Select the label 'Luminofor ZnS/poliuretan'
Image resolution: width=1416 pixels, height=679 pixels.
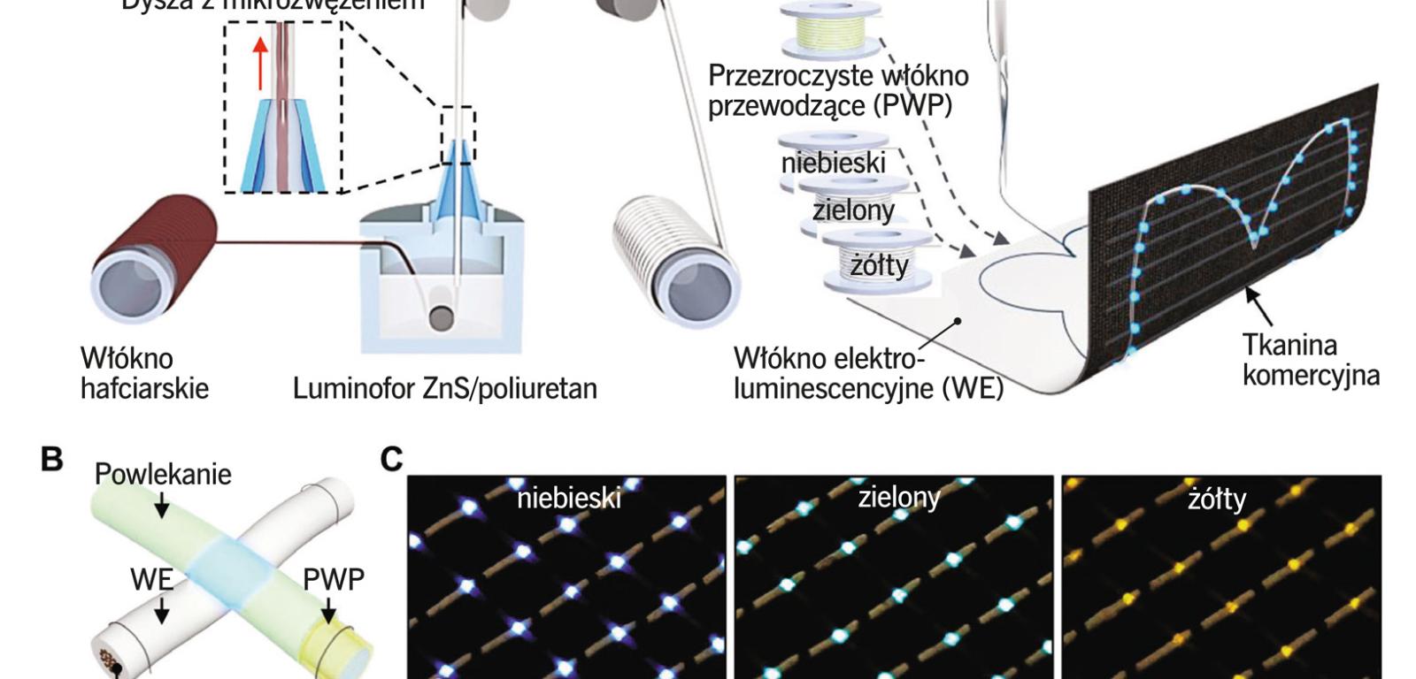(444, 388)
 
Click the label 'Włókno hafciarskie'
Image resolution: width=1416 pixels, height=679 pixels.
(144, 373)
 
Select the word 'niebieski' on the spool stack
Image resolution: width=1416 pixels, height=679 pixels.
(833, 163)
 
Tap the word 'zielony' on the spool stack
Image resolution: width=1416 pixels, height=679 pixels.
(853, 210)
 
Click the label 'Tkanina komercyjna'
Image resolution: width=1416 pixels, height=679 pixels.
(1310, 359)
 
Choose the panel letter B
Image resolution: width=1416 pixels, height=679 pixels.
(52, 460)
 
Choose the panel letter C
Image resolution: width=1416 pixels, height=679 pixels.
(391, 460)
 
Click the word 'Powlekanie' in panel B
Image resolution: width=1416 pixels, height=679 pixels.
(163, 475)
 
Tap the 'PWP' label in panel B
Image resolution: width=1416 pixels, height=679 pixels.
(333, 580)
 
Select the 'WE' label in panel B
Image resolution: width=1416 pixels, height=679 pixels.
(150, 580)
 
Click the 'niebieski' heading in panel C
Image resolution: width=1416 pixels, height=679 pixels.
(569, 499)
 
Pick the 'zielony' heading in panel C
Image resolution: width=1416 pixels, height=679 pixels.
(898, 498)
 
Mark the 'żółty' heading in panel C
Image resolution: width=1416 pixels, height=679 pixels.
(1217, 500)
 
